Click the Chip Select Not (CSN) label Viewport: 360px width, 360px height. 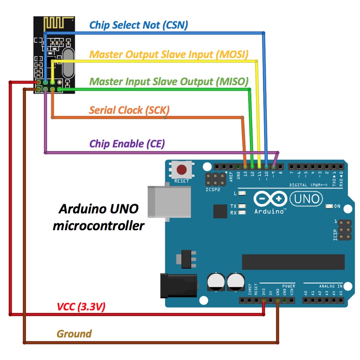tap(138, 25)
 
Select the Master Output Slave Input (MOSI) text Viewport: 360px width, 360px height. tap(169, 54)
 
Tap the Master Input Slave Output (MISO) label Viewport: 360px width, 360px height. tap(169, 81)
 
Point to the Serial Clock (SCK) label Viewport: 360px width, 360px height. tap(129, 110)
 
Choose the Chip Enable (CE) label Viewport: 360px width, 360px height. tap(127, 144)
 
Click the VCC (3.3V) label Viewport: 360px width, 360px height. tap(81, 306)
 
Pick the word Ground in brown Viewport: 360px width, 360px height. tap(74, 334)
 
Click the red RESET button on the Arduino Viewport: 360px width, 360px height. tap(181, 169)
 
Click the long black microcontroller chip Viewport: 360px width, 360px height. tap(293, 262)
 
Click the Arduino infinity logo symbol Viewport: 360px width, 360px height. tap(270, 199)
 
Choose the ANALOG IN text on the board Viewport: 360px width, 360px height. tap(331, 286)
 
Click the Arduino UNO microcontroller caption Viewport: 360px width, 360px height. tap(98, 217)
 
